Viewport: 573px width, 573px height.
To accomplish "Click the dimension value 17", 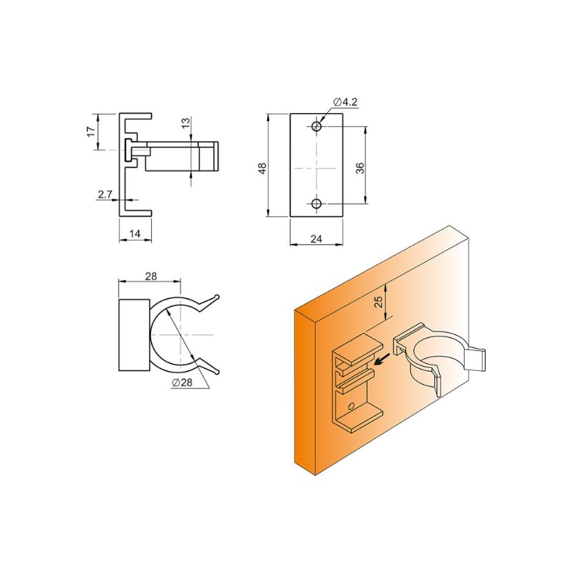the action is tap(91, 131).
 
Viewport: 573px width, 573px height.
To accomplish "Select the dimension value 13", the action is tap(186, 122).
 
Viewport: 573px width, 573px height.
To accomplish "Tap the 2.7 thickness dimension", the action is tap(105, 195).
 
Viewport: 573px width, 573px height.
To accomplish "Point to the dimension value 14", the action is tap(135, 233).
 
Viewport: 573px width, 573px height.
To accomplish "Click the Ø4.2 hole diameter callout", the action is tap(345, 102).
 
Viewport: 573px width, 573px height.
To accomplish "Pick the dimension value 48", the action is tap(262, 168).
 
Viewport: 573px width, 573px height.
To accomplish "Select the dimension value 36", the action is tap(360, 168).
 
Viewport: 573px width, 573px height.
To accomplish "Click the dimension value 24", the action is tap(316, 239).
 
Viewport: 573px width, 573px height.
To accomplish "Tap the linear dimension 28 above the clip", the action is tap(151, 276).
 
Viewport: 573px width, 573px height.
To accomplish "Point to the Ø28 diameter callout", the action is tap(182, 382).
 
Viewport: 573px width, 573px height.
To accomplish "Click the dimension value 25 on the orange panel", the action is tap(379, 301).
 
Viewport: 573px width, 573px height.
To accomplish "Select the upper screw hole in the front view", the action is tap(317, 127).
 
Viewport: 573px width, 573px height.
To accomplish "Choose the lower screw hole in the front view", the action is tap(317, 203).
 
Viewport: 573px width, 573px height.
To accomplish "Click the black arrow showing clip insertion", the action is tap(382, 360).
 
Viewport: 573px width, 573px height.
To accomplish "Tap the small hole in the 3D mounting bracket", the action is tap(351, 405).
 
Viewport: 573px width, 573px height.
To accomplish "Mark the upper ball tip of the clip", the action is tap(217, 297).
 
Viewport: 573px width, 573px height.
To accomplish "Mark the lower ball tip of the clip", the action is tap(218, 372).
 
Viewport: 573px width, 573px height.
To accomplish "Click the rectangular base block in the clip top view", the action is tap(134, 335).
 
